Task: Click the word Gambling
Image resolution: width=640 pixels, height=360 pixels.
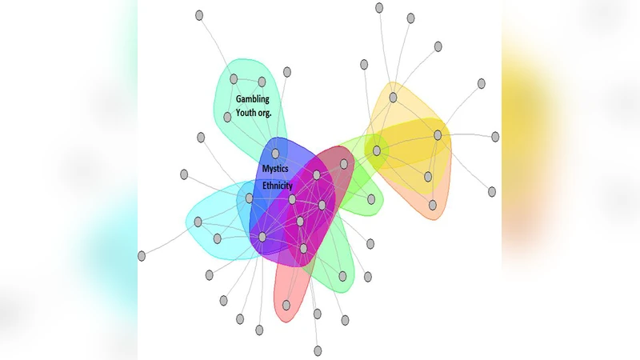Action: point(253,99)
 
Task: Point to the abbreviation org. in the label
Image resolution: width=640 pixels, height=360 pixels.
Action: point(273,114)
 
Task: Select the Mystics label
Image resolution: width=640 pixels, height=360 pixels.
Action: point(275,169)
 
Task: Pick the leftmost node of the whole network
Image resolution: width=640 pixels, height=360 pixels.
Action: point(142,256)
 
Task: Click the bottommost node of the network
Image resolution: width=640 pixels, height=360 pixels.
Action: point(318,350)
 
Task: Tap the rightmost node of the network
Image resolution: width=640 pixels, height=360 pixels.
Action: point(495,137)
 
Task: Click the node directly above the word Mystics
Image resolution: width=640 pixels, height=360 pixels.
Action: point(275,153)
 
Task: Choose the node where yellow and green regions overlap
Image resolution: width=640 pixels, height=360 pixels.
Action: point(375,150)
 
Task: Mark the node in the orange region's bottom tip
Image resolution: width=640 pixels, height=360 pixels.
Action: point(433,205)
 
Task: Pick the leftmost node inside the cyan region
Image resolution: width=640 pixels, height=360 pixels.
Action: point(198,222)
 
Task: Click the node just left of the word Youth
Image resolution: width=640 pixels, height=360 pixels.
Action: point(228,117)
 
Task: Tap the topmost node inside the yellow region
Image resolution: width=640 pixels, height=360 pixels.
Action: point(393,98)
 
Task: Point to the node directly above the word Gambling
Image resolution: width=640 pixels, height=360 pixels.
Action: point(234,78)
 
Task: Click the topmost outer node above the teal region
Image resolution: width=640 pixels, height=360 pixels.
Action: point(199,16)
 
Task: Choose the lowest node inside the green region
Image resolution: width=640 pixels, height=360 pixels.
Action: point(342,276)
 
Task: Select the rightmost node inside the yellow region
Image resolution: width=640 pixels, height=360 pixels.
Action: point(438,135)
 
